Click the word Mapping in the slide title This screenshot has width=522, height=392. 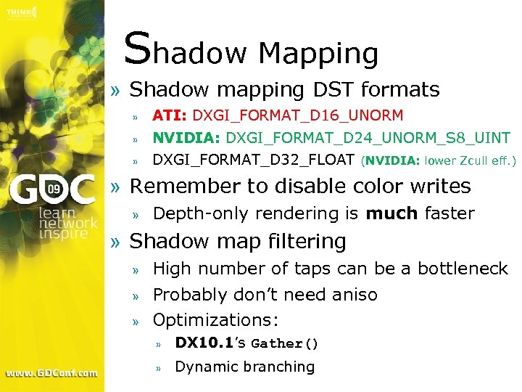point(318,54)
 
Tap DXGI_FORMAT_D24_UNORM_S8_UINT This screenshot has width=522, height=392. point(368,138)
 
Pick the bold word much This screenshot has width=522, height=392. point(391,213)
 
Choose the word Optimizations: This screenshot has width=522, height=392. point(216,320)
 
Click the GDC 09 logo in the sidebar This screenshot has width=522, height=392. point(51,191)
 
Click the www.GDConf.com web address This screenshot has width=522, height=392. point(51,373)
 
